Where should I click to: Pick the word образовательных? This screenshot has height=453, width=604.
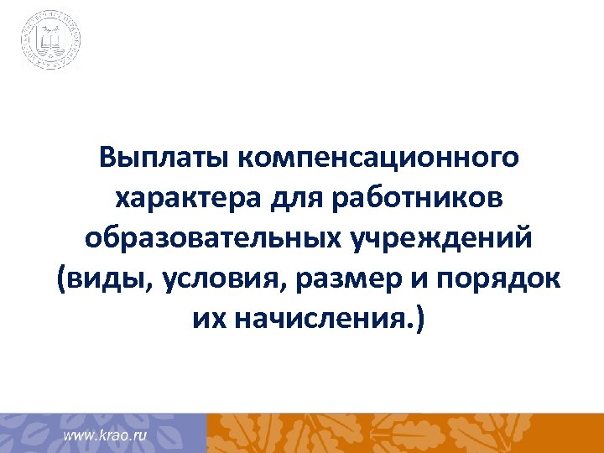coord(211,239)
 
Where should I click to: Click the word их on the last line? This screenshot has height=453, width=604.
coord(204,320)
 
